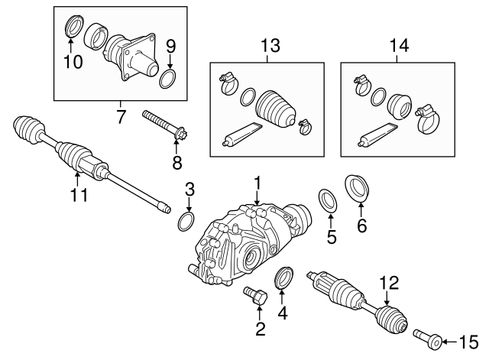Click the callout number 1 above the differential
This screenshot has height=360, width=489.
[x=258, y=183]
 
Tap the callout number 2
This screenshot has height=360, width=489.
[x=260, y=329]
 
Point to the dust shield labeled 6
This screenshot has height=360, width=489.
[x=357, y=188]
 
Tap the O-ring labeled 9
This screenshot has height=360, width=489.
[x=170, y=78]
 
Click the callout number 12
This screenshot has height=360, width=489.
[x=390, y=283]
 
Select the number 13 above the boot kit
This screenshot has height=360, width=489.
[x=267, y=45]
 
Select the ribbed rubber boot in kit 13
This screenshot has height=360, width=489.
[x=277, y=106]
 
